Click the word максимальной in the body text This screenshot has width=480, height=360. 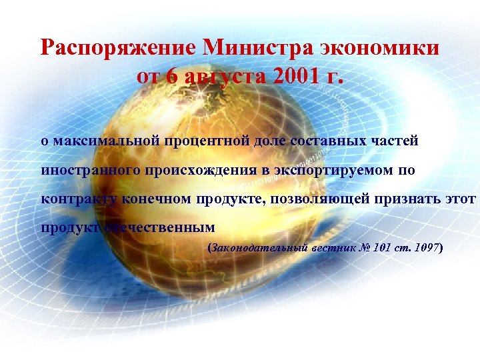(101, 141)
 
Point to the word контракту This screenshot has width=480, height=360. (79, 199)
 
